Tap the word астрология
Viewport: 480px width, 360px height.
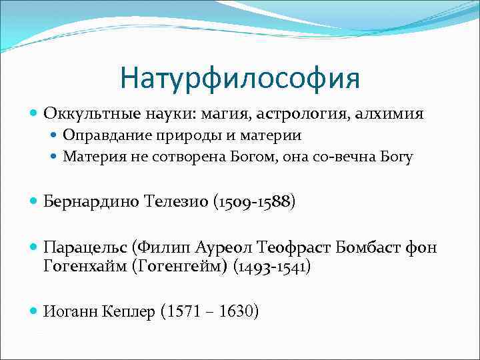293,114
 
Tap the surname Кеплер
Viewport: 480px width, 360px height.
125,311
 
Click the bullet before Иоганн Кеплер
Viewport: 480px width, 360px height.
34,311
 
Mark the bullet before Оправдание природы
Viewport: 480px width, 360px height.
54,136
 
